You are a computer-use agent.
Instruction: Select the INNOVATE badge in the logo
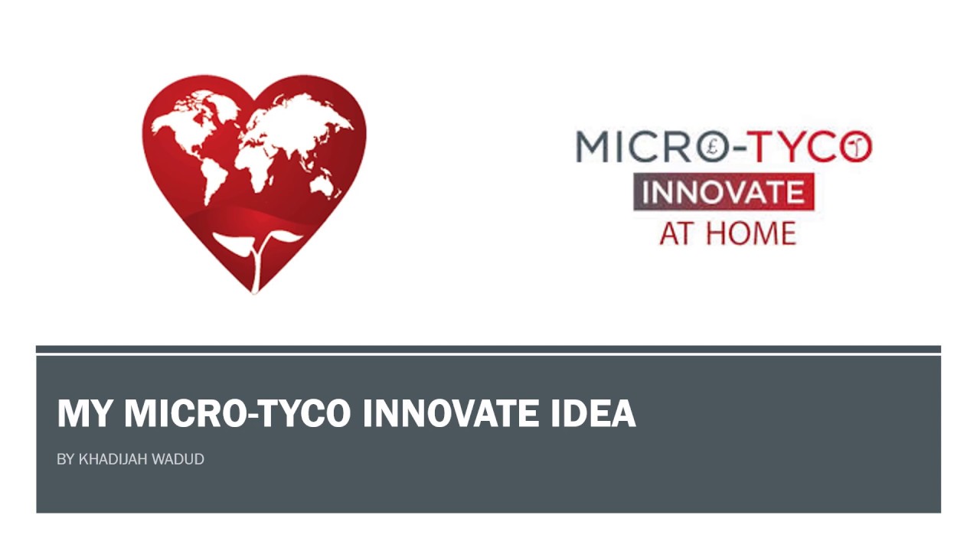point(723,192)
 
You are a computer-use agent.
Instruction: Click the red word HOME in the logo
point(751,232)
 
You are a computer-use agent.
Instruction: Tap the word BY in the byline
point(65,459)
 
